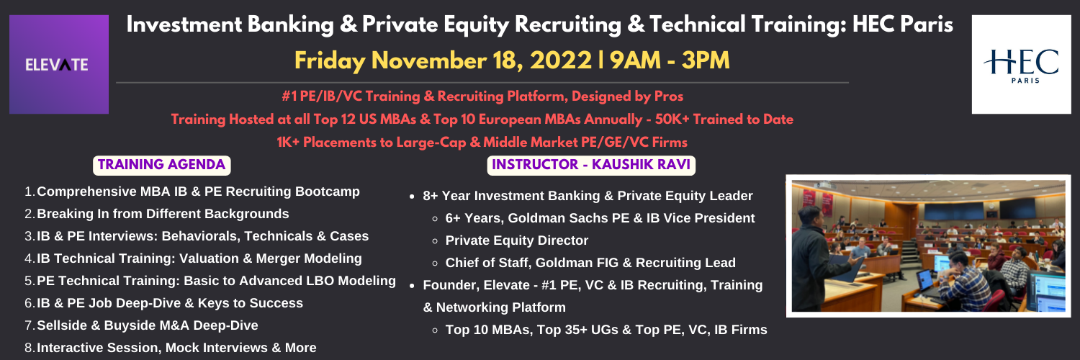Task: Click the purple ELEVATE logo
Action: (x=59, y=64)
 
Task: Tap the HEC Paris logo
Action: (x=1021, y=64)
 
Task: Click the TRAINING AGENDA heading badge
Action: (x=161, y=165)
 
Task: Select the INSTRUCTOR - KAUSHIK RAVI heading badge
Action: (x=591, y=165)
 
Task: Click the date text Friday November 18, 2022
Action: (x=443, y=60)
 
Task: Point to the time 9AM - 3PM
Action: (x=670, y=60)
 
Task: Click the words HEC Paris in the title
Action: (x=903, y=24)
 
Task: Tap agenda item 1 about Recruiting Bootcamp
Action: (x=192, y=192)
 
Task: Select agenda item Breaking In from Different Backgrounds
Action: (x=157, y=214)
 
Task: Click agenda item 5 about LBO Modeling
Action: (x=210, y=281)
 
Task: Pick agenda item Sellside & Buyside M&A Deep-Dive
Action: (x=141, y=325)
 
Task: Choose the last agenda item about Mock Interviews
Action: (x=170, y=348)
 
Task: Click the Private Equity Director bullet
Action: (x=517, y=240)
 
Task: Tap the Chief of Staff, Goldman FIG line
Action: (x=590, y=263)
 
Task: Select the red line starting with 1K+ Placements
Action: (x=482, y=142)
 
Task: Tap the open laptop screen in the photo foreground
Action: (x=924, y=279)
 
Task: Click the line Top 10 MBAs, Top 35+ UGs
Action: (x=606, y=330)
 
